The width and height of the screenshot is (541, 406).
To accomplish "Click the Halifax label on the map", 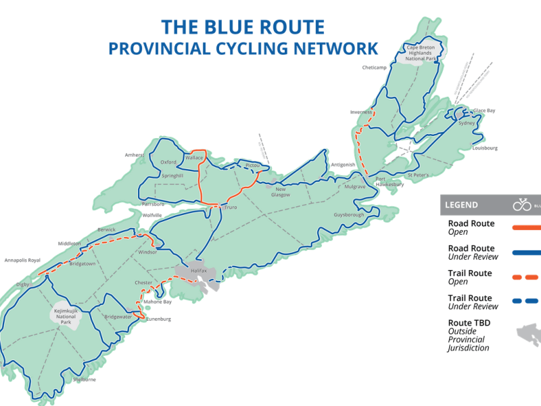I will coord(197,270).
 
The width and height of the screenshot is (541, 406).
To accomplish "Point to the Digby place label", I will coord(23,284).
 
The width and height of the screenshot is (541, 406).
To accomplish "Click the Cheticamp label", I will coord(373,68).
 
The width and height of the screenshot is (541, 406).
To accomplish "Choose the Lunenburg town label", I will coord(160,319).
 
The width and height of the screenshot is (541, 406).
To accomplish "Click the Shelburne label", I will coord(84,380).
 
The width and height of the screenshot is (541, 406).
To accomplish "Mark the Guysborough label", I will coord(349,215).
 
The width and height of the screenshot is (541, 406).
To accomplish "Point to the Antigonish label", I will coord(343,164).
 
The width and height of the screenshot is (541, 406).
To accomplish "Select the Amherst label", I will coord(134,155).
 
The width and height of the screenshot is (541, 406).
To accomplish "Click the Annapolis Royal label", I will coord(22,260).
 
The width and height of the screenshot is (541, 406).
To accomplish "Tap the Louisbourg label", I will coord(485,148).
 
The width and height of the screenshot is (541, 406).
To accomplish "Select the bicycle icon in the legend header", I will coord(522,204).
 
